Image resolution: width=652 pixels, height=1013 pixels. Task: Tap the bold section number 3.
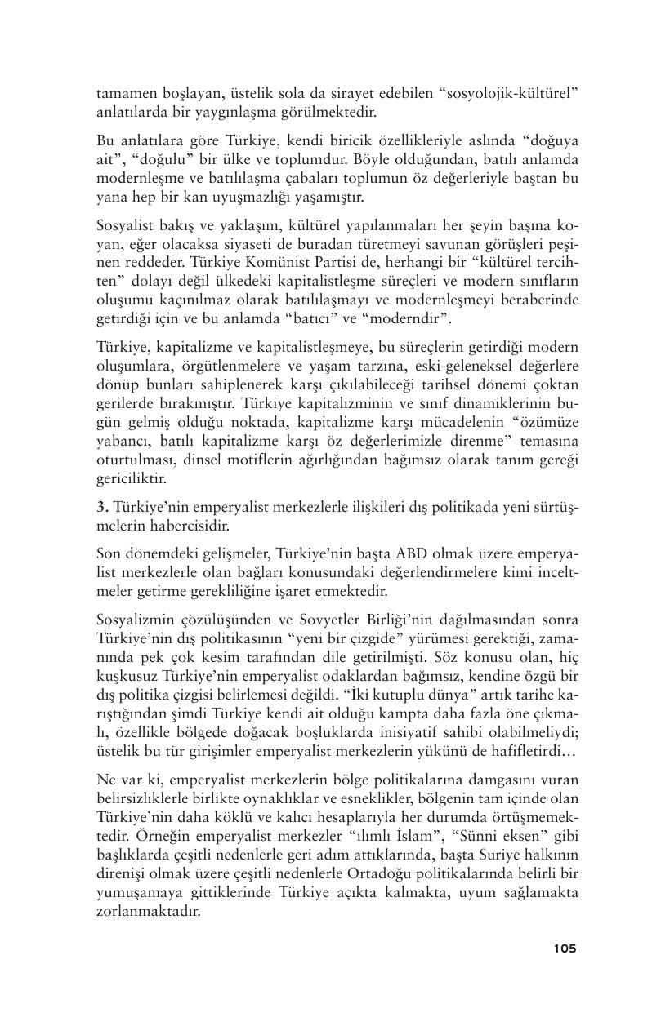click(100, 505)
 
